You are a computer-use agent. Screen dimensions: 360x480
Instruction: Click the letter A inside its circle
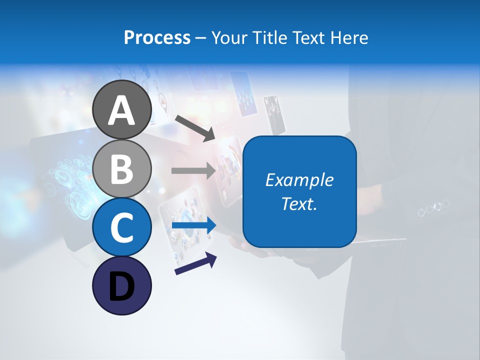click(121, 110)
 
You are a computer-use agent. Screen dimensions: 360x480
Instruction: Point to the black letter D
click(121, 287)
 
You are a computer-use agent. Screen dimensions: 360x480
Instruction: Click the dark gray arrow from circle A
click(194, 127)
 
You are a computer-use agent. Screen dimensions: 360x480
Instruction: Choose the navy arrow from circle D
click(195, 264)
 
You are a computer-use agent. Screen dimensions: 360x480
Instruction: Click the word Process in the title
click(157, 37)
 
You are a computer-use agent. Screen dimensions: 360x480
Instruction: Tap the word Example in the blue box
click(299, 180)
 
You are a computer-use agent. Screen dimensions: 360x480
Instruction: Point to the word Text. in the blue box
click(299, 203)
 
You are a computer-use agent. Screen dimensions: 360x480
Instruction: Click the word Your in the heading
click(229, 37)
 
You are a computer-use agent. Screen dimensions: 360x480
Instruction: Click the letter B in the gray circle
click(121, 169)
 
